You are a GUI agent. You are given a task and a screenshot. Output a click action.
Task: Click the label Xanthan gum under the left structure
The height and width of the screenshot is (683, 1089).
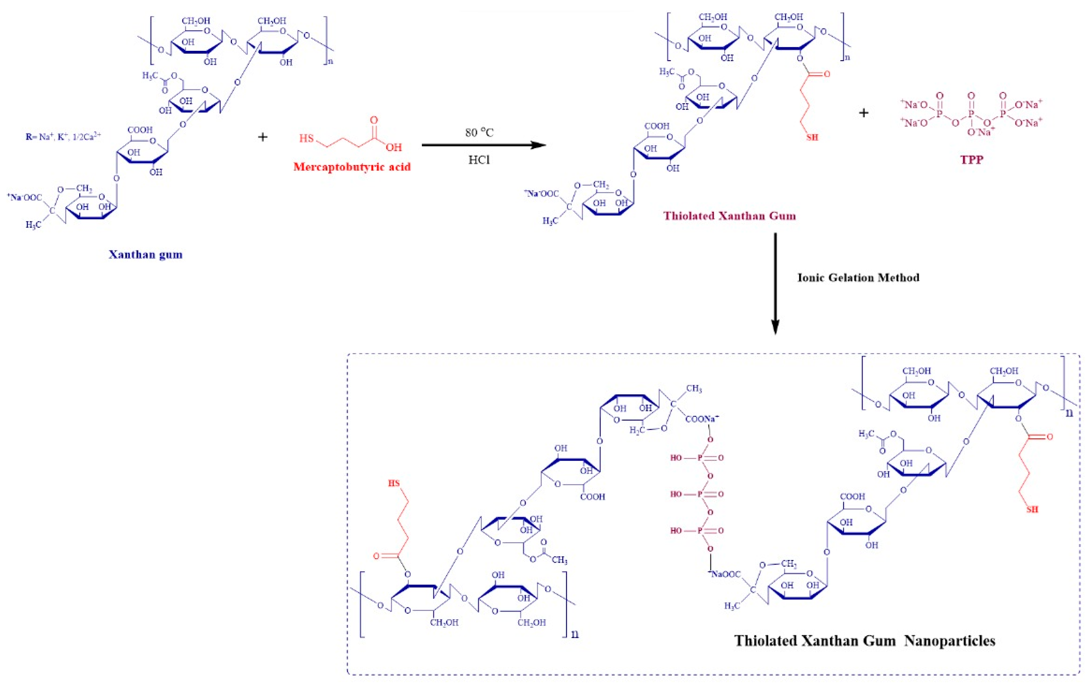[145, 254]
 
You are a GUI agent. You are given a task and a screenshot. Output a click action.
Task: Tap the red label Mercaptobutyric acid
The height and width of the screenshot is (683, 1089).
[352, 167]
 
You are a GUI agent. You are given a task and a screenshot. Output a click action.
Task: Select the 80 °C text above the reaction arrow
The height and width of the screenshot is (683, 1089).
[479, 132]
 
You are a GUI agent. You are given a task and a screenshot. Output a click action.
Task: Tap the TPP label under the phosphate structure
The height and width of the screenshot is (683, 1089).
[972, 159]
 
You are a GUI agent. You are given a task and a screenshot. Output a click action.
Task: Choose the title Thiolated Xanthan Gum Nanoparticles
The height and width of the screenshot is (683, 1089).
[865, 640]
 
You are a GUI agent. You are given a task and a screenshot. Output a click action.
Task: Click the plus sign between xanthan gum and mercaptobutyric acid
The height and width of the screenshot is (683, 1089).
[262, 137]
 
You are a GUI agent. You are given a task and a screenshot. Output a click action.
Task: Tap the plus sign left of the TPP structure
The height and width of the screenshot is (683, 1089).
[863, 113]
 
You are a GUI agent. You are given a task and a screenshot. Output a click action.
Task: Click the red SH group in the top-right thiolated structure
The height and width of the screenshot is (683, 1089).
[812, 137]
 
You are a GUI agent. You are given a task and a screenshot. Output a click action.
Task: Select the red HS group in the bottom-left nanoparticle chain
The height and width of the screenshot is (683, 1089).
[394, 483]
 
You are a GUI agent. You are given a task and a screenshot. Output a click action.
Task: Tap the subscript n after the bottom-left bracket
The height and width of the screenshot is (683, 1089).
[575, 634]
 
